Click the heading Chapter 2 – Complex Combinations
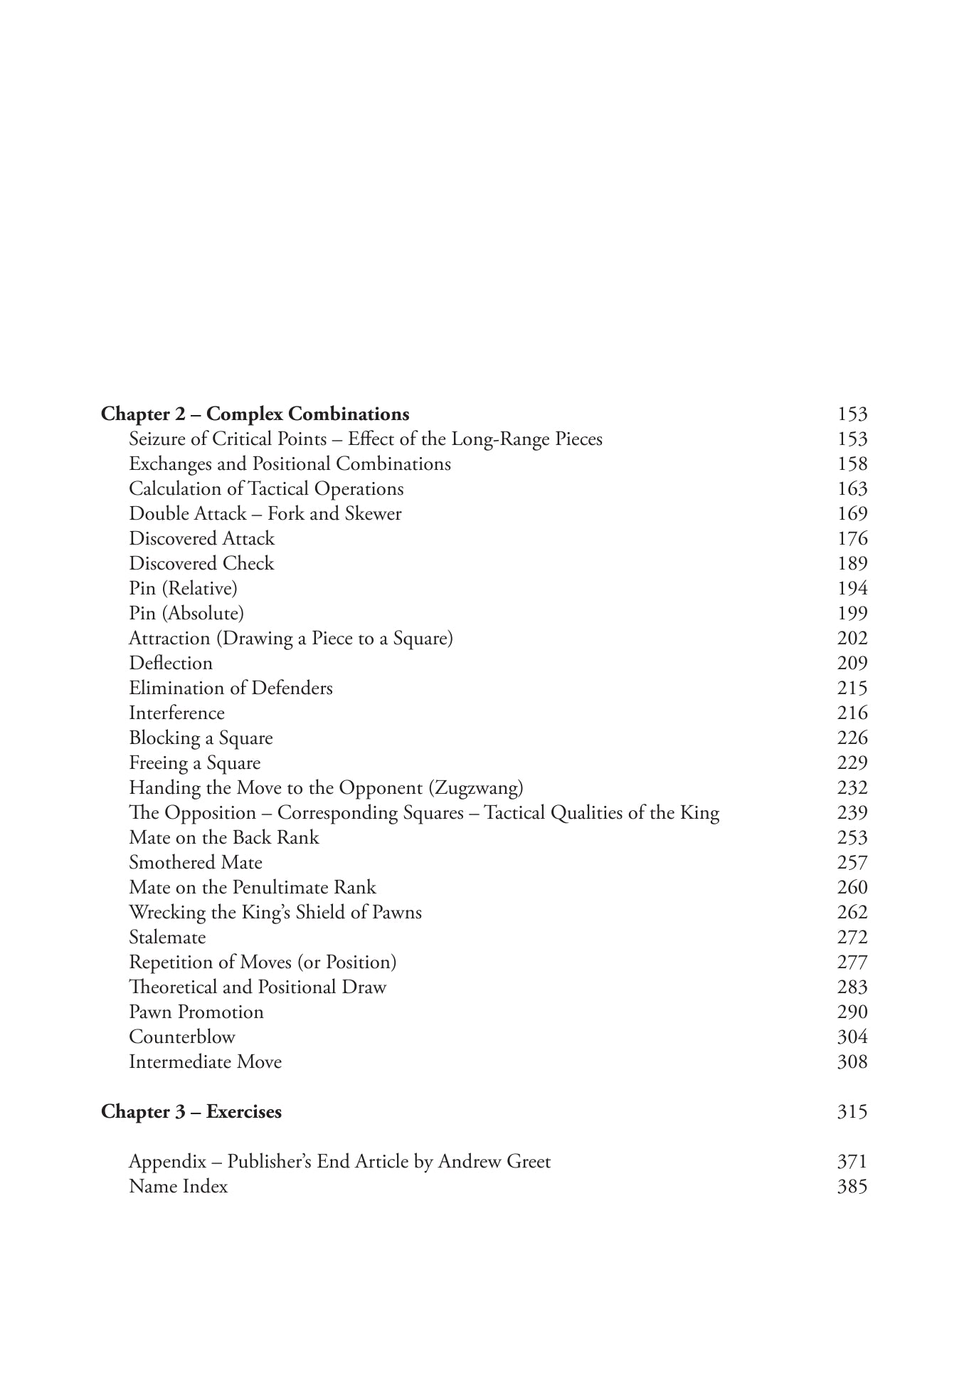point(255,414)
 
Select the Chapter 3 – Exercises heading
point(191,1112)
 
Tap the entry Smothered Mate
point(195,863)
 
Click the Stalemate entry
point(167,938)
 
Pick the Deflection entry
point(171,664)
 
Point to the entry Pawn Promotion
point(196,1012)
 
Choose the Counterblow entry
point(181,1037)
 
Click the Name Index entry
point(178,1187)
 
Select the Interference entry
point(176,713)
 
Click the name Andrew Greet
point(494,1162)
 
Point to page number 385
point(852,1187)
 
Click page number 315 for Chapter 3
point(852,1112)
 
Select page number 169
point(852,514)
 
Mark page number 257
point(852,863)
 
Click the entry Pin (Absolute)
point(186,614)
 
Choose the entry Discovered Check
point(201,564)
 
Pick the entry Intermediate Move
point(205,1062)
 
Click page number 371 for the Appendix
point(852,1162)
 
